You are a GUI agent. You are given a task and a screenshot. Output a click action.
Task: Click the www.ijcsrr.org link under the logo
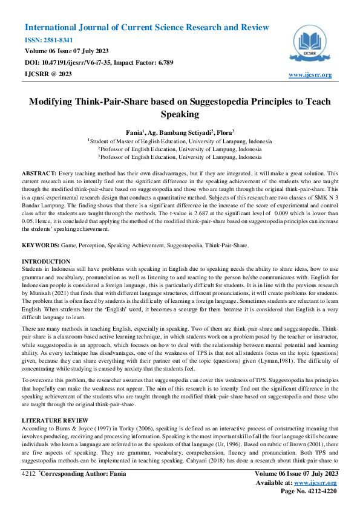click(310, 75)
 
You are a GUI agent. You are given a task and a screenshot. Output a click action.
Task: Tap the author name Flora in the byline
click(224, 131)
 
